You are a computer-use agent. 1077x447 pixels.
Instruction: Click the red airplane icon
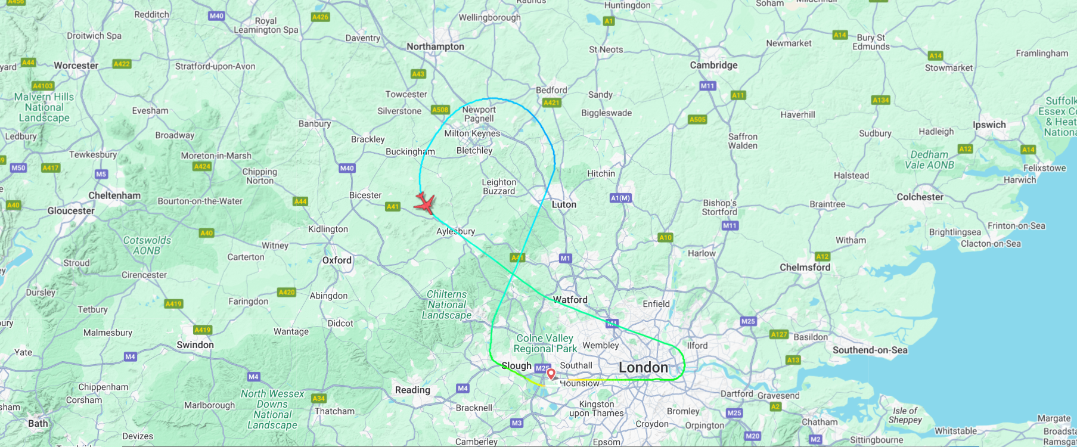(x=425, y=203)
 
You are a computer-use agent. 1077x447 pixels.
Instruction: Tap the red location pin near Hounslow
(x=551, y=374)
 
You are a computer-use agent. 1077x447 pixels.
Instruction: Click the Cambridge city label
(x=713, y=65)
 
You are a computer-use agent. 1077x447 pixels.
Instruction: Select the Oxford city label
(x=337, y=260)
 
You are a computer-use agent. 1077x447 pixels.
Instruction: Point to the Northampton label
(x=435, y=46)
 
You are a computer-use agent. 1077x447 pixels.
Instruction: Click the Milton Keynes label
(x=472, y=134)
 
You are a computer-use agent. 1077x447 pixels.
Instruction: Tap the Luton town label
(x=564, y=204)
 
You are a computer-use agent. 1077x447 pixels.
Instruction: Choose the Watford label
(x=570, y=300)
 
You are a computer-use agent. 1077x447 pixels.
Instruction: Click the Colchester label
(x=920, y=197)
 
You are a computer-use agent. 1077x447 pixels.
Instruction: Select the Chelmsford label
(x=805, y=268)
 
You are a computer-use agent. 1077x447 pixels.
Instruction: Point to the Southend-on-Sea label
(x=870, y=350)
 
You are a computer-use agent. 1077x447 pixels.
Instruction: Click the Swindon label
(x=195, y=345)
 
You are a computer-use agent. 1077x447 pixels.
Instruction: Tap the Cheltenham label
(x=114, y=195)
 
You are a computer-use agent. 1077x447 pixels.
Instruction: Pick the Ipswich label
(x=989, y=125)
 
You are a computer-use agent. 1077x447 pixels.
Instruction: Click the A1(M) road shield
(x=620, y=198)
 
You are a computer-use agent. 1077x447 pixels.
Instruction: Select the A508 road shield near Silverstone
(x=440, y=110)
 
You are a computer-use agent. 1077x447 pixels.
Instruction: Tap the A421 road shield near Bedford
(x=551, y=103)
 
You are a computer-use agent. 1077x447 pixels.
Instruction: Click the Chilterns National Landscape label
(x=446, y=305)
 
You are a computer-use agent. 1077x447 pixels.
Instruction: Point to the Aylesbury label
(x=455, y=231)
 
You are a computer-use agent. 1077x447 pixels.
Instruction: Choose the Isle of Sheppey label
(x=905, y=415)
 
